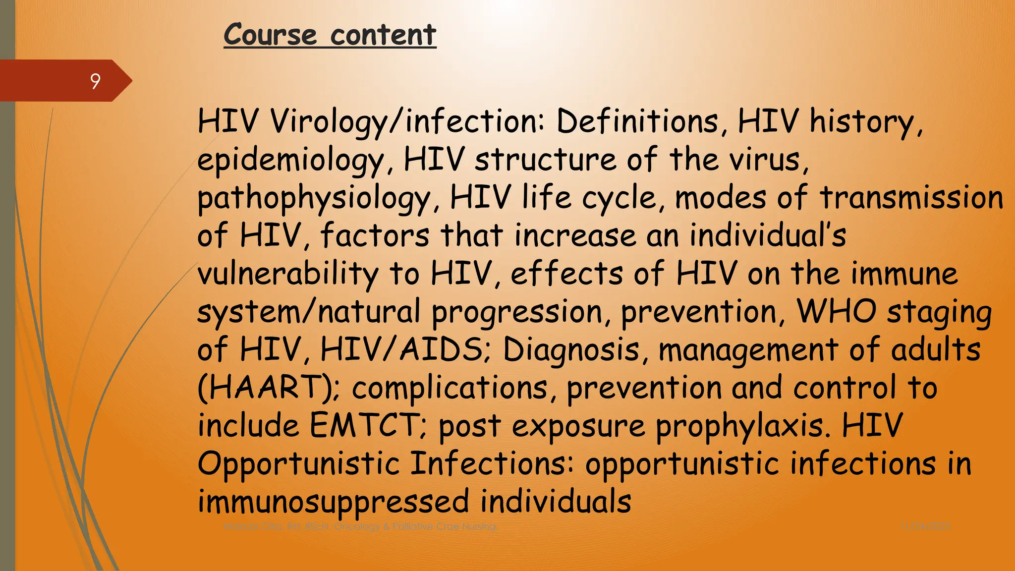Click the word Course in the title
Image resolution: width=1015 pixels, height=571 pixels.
pyautogui.click(x=270, y=35)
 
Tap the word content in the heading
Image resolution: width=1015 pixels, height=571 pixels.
pyautogui.click(x=383, y=35)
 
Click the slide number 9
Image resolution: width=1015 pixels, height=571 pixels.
pyautogui.click(x=95, y=81)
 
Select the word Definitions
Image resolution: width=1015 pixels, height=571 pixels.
pyautogui.click(x=637, y=121)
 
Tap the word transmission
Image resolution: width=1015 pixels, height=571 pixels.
pyautogui.click(x=911, y=197)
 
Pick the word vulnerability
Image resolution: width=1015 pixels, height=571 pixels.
pyautogui.click(x=287, y=274)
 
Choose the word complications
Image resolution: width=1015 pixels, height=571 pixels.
pyautogui.click(x=450, y=389)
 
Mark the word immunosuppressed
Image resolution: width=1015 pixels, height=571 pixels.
pyautogui.click(x=333, y=502)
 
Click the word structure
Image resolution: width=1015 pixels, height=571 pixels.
pyautogui.click(x=545, y=160)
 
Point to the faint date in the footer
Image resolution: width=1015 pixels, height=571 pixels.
pyautogui.click(x=925, y=526)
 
